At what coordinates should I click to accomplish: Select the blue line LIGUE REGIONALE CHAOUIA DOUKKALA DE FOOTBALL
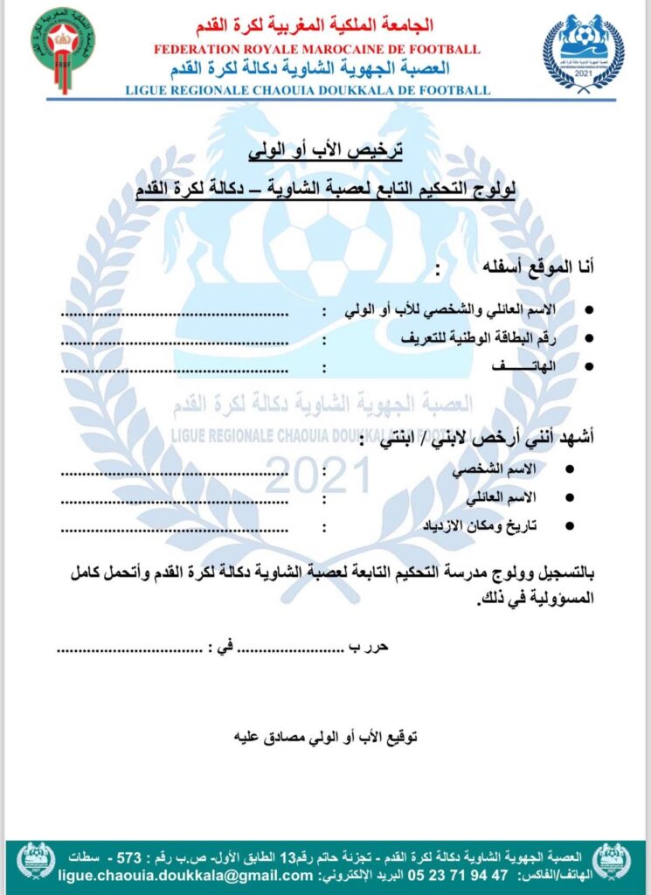coord(308,89)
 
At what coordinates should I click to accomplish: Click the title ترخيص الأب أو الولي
coord(324,150)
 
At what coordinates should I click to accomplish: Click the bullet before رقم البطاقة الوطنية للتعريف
coord(588,338)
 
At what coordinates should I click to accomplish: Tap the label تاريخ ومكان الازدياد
coord(486,526)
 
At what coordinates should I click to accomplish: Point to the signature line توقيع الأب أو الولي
coord(324,736)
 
